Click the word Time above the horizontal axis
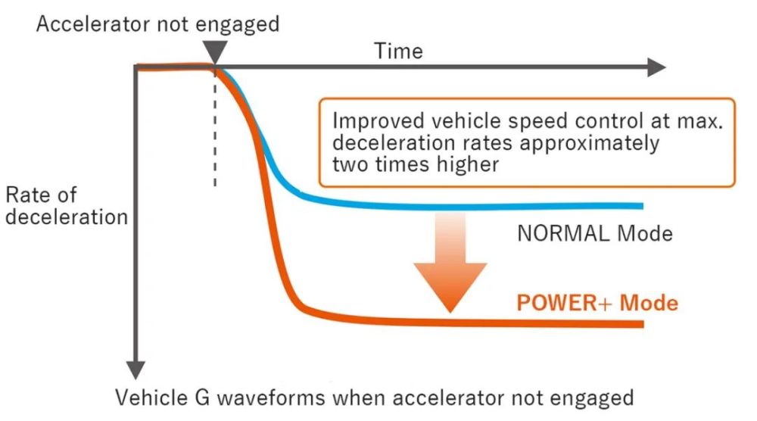click(398, 51)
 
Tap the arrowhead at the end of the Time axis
click(657, 67)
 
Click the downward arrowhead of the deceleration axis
click(136, 370)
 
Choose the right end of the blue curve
click(643, 206)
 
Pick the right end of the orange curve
click(643, 324)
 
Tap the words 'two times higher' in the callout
click(416, 164)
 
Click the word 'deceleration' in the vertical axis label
click(67, 217)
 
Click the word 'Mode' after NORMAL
click(645, 234)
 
